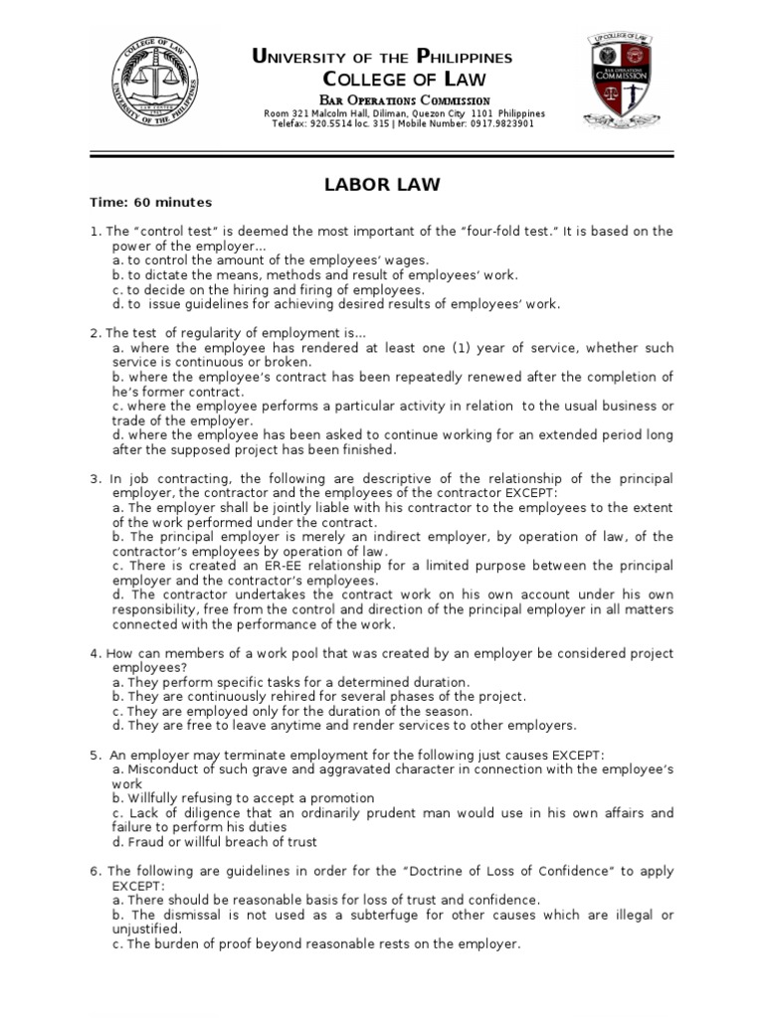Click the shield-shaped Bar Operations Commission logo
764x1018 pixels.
coord(621,80)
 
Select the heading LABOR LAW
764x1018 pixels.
coord(382,184)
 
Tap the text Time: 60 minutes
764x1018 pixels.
coord(151,202)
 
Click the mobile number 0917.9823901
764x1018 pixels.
coord(498,124)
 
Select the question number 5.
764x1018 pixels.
coord(95,755)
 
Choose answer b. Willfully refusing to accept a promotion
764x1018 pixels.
coord(244,798)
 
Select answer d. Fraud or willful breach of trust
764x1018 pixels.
coord(215,842)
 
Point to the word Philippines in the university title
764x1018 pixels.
coord(464,58)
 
